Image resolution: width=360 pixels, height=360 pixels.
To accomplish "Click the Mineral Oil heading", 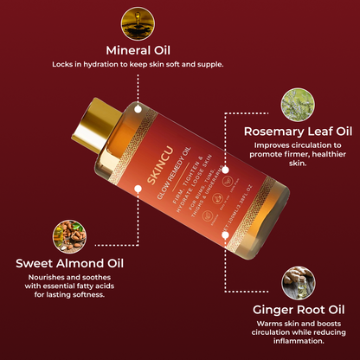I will point(138,49).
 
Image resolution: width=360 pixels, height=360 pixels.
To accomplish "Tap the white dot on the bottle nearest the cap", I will point(138,111).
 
